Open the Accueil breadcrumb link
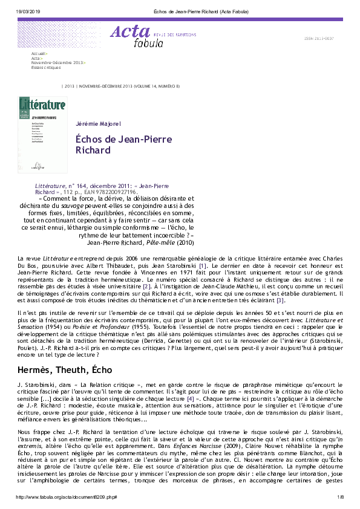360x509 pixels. pyautogui.click(x=39, y=54)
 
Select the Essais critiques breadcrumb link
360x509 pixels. pyautogui.click(x=46, y=67)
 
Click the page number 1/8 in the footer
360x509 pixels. pyautogui.click(x=341, y=497)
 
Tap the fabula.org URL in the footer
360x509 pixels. pyautogui.click(x=66, y=497)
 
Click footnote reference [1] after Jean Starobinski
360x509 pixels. pyautogui.click(x=203, y=265)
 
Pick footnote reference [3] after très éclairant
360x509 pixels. pyautogui.click(x=280, y=299)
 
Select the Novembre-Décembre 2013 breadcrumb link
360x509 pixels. pyautogui.click(x=57, y=63)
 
